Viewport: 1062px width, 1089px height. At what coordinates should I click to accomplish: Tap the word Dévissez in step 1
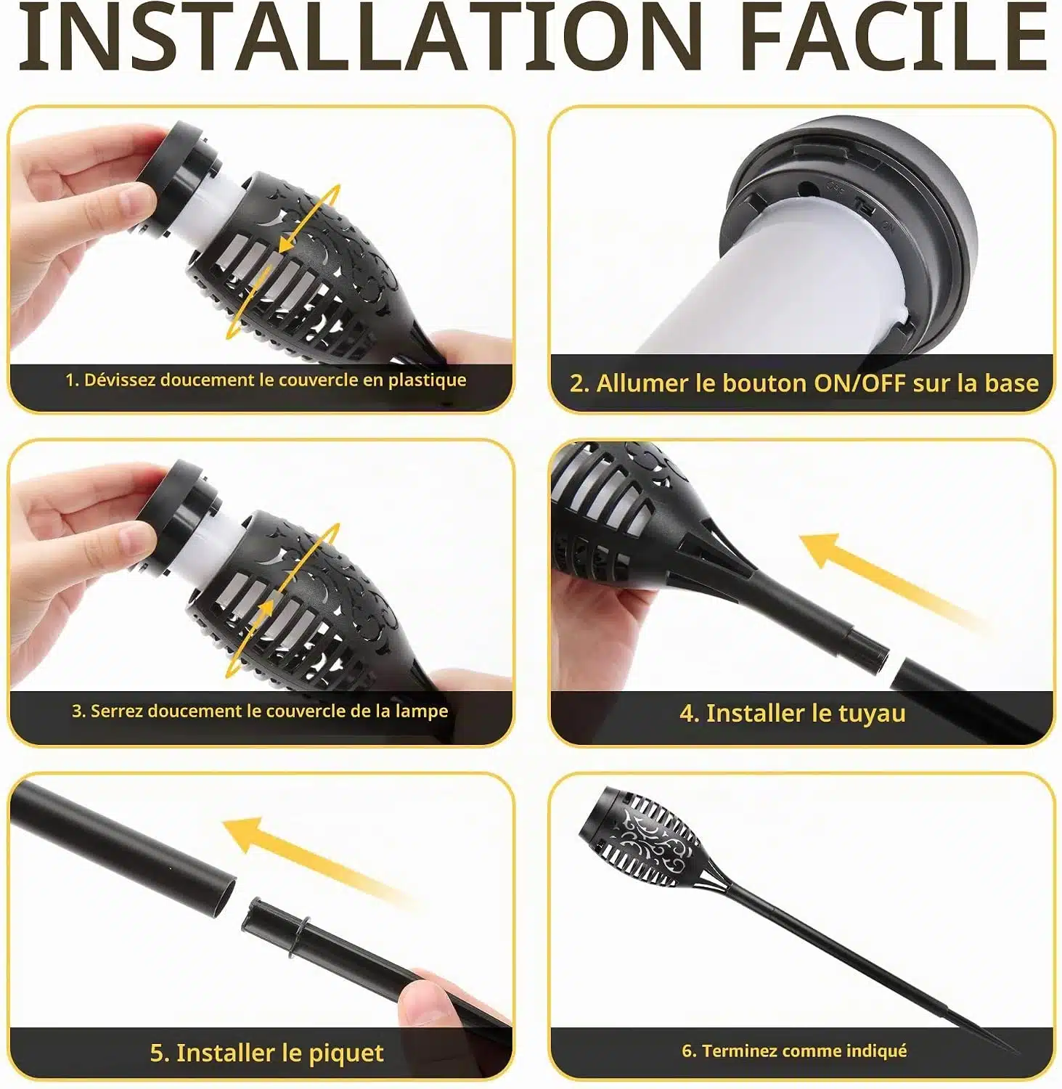pos(120,380)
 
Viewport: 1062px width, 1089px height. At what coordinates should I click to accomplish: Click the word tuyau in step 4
pos(872,714)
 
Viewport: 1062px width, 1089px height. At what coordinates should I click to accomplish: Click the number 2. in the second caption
pos(579,383)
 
